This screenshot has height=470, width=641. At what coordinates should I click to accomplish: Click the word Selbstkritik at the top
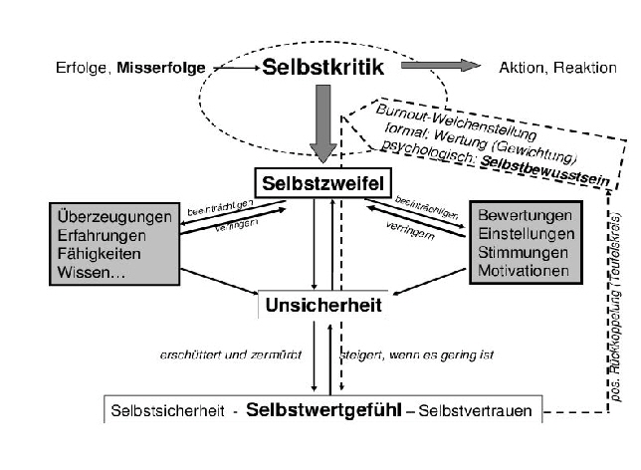(x=320, y=68)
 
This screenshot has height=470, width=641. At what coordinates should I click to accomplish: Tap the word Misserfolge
(x=161, y=69)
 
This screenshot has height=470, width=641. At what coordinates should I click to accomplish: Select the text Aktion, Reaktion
(x=545, y=67)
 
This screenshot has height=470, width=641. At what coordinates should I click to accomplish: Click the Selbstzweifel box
(x=321, y=182)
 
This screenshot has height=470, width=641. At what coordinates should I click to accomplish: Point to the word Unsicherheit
(x=321, y=305)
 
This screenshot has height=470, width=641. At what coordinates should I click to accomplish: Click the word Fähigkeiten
(x=98, y=252)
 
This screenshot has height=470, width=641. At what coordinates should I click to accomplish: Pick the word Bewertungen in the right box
(x=525, y=216)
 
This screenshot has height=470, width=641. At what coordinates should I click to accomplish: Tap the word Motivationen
(x=525, y=270)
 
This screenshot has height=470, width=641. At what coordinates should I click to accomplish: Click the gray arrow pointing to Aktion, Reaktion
(x=441, y=66)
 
